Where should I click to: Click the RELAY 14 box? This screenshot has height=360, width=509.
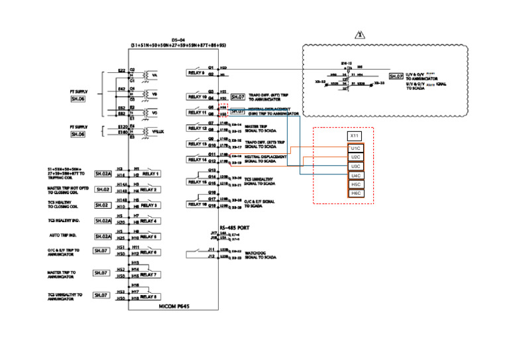tap(198, 159)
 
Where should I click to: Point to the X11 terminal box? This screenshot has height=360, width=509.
tap(355, 136)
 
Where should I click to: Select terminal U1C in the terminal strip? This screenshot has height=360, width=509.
tap(355, 149)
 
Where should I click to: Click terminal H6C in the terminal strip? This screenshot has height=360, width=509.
tap(355, 193)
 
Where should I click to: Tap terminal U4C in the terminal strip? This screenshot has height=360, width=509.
tap(355, 175)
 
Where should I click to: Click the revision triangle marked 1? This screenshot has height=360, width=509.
tap(360, 34)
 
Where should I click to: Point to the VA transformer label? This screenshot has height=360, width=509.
tap(155, 75)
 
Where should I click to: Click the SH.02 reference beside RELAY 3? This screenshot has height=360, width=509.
tap(102, 206)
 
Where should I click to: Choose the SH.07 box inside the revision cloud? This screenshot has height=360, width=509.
tap(396, 76)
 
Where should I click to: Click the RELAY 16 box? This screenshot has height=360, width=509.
tap(198, 204)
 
